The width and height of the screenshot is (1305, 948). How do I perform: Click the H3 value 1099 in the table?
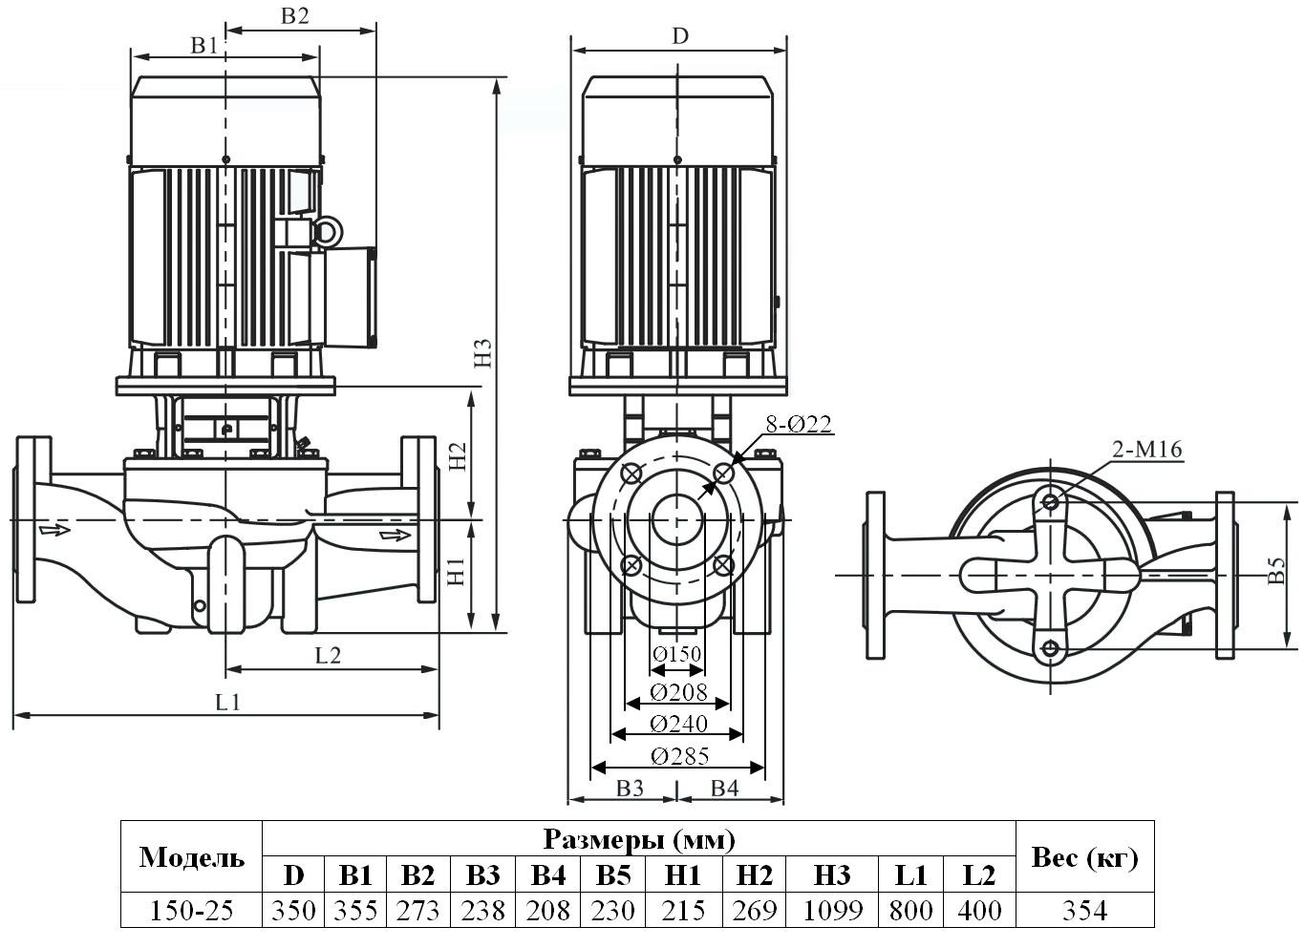832,911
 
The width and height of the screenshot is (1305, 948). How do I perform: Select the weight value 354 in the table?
1084,911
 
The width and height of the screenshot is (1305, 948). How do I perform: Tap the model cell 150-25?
192,911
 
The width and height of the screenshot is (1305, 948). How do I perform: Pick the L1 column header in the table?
910,875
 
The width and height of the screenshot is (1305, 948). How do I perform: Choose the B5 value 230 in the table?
613,911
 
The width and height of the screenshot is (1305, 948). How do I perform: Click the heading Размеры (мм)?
639,839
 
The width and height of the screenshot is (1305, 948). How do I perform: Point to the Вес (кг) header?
1084,857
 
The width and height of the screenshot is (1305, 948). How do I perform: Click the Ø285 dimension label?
680,757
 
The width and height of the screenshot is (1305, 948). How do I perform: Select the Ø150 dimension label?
677,654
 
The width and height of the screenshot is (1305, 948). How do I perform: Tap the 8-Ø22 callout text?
799,424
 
